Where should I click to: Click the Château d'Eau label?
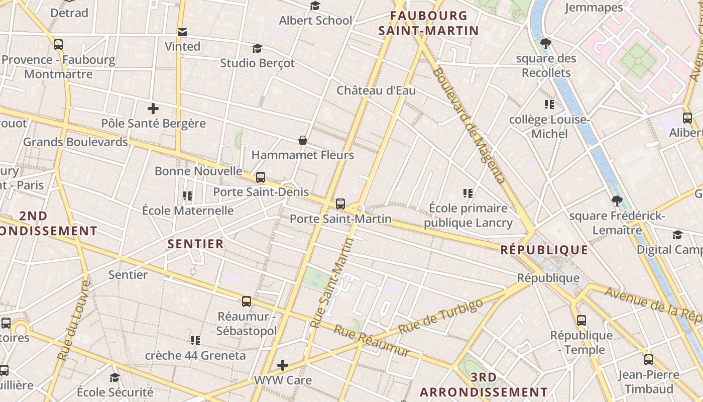click(x=376, y=90)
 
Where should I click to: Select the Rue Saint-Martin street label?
click(x=334, y=283)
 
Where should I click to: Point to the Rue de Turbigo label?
click(x=440, y=316)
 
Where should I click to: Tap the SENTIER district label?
click(x=195, y=244)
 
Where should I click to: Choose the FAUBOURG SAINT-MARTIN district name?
click(x=428, y=23)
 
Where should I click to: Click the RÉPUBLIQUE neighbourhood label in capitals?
click(x=544, y=250)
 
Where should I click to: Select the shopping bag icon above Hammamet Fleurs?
click(x=303, y=140)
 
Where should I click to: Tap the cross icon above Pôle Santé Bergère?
click(x=153, y=108)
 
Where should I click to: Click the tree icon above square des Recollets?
click(x=546, y=44)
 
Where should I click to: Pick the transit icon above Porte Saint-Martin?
click(x=340, y=204)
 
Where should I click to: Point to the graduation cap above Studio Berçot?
click(x=257, y=48)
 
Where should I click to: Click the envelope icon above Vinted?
click(x=182, y=32)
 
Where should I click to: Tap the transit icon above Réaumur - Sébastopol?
click(x=247, y=301)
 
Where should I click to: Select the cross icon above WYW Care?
click(x=283, y=365)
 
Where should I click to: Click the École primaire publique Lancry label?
click(x=468, y=216)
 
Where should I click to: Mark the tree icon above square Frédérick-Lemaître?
click(x=617, y=201)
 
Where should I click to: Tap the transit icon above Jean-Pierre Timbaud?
click(x=649, y=360)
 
